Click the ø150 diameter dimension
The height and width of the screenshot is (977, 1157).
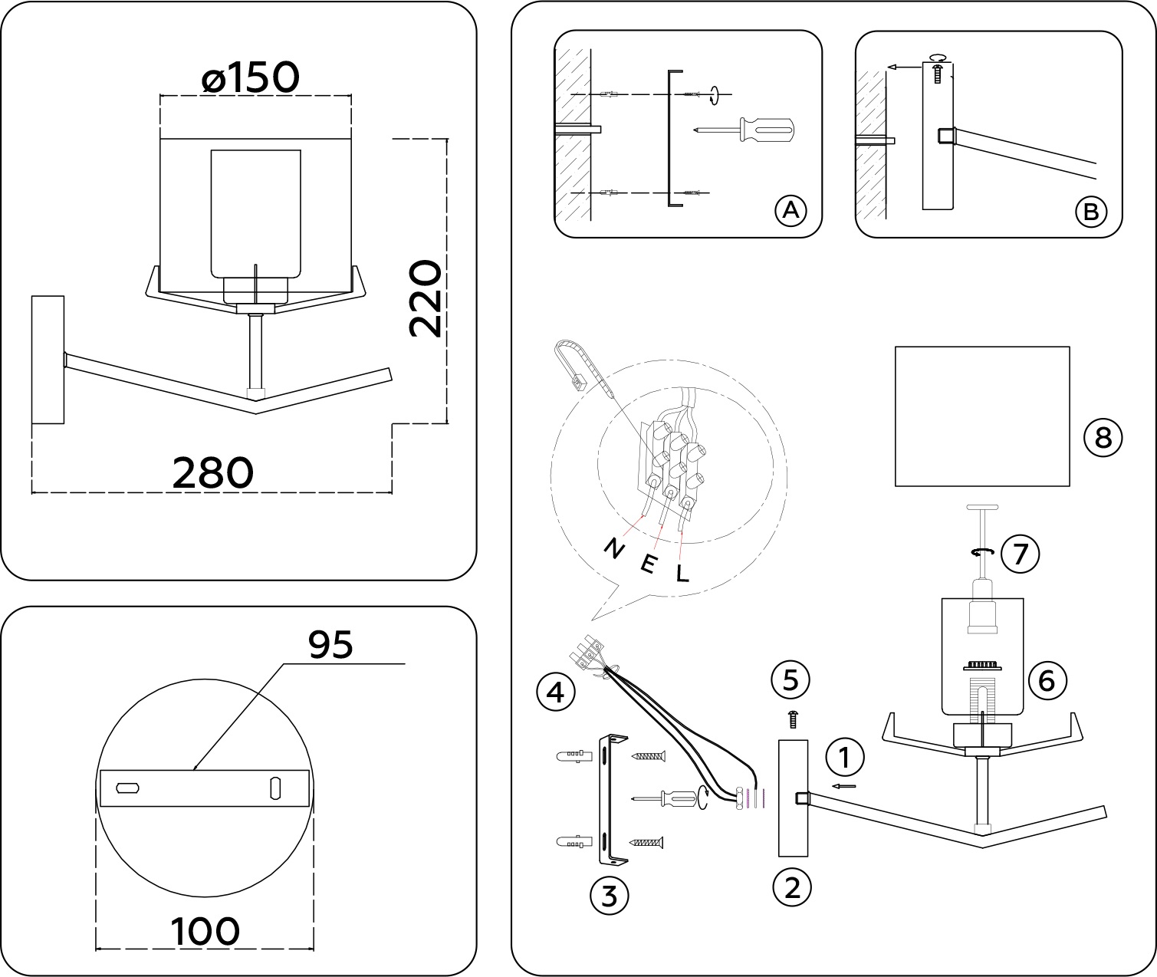coord(250,78)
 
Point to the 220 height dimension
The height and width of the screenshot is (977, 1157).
coord(424,299)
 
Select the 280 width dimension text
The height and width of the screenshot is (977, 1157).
coord(212,473)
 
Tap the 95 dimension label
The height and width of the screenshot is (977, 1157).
coord(330,645)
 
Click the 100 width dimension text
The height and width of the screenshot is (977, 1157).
coord(205,932)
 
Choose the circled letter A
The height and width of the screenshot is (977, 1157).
coord(791,209)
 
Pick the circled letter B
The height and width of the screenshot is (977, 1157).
coord(1090,211)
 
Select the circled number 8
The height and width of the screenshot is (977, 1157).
coord(1103,438)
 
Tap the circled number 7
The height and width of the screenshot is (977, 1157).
coord(1020,554)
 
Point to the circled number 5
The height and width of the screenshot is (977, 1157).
coord(791,679)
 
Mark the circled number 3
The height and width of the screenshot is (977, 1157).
coord(610,895)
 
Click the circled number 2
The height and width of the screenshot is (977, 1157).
coord(792,888)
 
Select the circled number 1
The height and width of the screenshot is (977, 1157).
coord(845,758)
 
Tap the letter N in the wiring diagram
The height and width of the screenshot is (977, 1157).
coord(614,549)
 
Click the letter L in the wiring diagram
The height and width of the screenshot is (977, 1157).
coord(682,573)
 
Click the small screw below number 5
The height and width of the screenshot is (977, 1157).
coord(793,719)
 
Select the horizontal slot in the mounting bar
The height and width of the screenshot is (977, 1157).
coord(127,788)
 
